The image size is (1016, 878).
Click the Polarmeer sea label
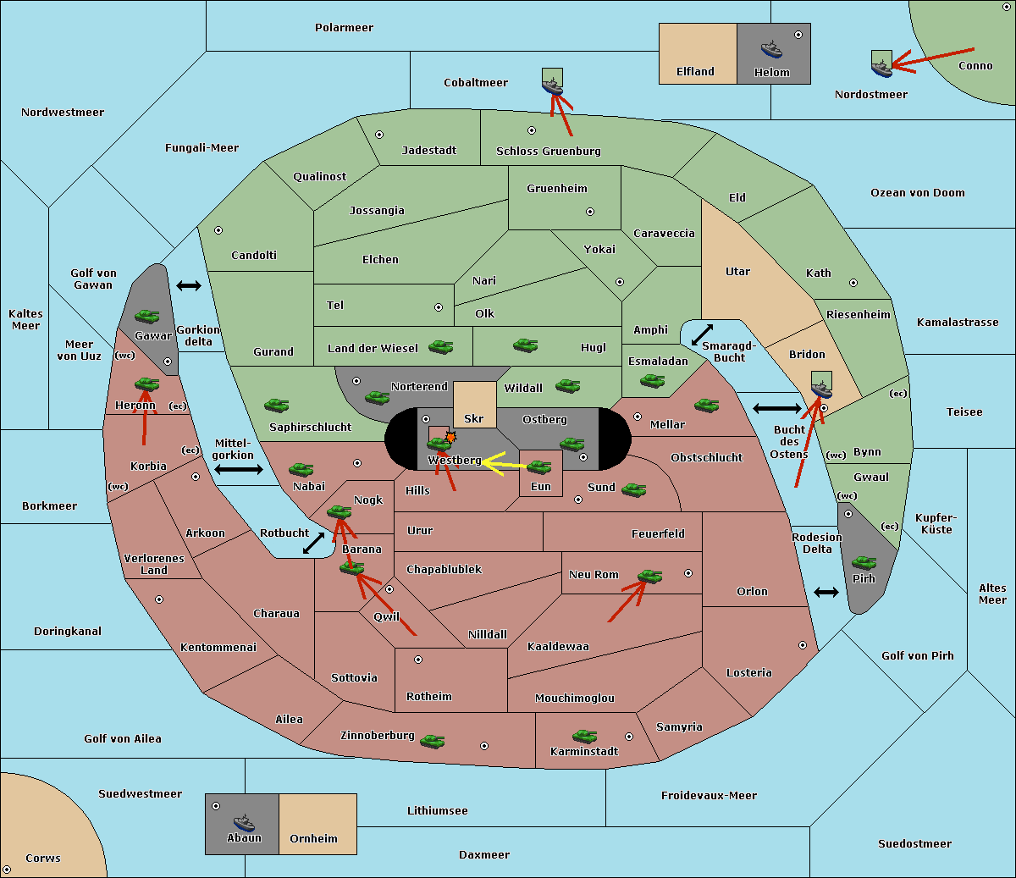tap(344, 28)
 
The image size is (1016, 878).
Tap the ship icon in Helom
tap(771, 49)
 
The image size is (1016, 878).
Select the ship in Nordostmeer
tap(881, 65)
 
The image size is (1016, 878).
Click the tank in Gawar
tap(147, 317)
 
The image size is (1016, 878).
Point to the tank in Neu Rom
tap(649, 577)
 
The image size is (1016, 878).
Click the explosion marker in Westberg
tap(450, 437)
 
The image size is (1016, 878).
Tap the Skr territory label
tap(474, 419)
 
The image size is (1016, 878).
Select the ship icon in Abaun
tap(244, 822)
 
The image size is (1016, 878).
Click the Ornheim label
tap(313, 839)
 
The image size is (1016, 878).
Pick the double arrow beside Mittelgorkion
tap(239, 469)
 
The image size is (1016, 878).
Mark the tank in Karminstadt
tap(584, 737)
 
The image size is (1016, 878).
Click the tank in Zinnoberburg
tap(432, 742)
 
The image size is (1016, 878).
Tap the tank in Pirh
tap(864, 563)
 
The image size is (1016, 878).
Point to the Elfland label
tap(695, 72)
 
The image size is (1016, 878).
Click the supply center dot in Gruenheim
tap(590, 212)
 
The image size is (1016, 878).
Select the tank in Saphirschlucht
tap(276, 406)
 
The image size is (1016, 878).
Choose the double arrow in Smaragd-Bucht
tap(703, 334)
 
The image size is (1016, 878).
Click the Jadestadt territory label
tap(428, 151)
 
